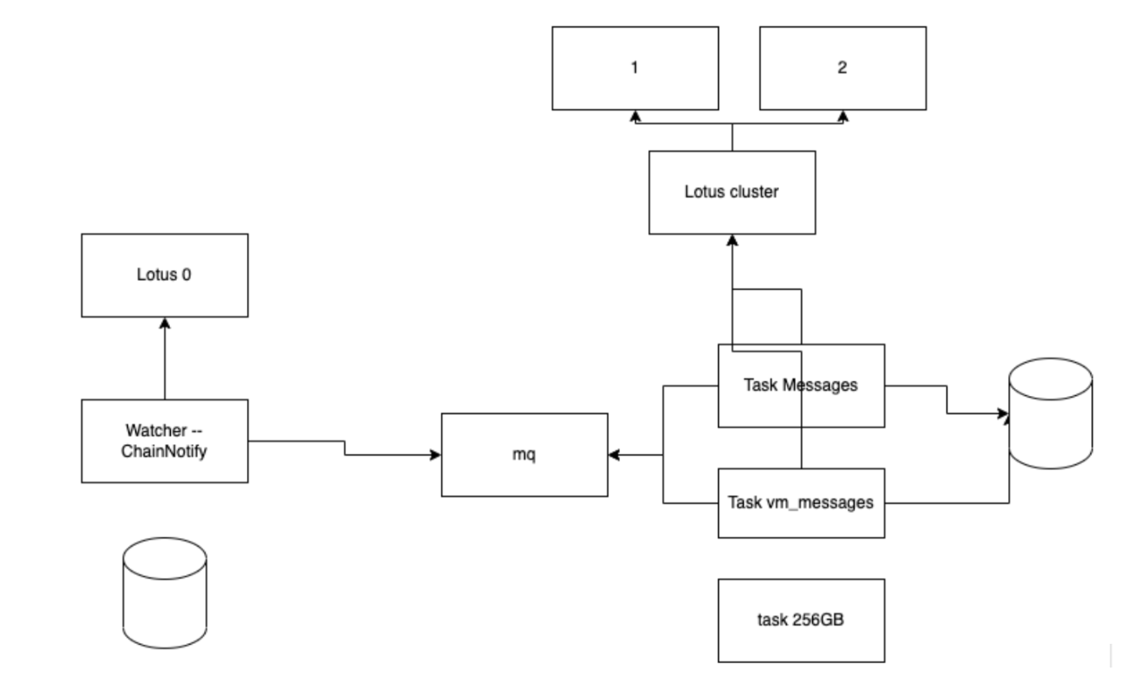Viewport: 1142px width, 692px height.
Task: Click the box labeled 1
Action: [634, 68]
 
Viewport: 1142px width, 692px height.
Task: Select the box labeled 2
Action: [842, 68]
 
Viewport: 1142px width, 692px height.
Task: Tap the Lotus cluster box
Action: [732, 192]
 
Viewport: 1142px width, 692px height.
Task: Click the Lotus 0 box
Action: [164, 275]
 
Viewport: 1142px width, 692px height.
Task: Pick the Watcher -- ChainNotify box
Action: [164, 440]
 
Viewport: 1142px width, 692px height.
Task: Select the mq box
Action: [524, 454]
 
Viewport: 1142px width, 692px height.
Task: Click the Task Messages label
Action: [800, 386]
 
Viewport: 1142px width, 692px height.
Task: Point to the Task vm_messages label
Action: [800, 503]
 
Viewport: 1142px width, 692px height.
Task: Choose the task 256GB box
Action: [800, 620]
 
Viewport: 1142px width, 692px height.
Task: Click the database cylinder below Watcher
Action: [164, 591]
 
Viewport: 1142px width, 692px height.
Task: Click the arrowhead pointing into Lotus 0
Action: [164, 323]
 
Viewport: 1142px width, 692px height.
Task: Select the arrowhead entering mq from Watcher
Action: [436, 455]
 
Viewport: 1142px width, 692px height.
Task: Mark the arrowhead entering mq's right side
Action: [613, 455]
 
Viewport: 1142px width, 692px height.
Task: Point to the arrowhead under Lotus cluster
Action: [732, 240]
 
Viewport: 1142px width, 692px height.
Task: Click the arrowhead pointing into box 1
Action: [634, 116]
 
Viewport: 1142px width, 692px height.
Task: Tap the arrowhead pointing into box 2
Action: [842, 116]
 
